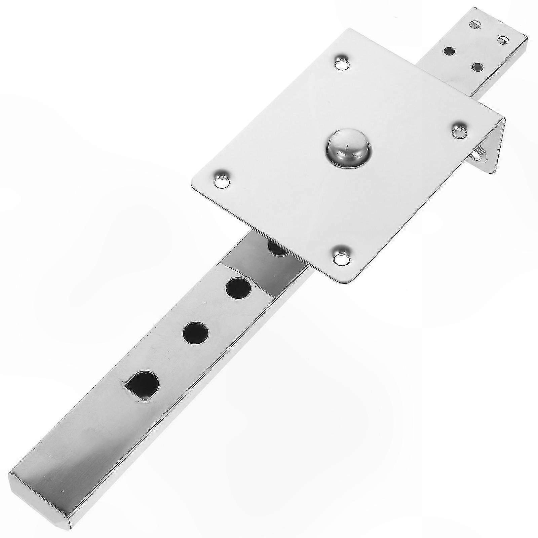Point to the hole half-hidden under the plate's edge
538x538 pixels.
tap(278, 248)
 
